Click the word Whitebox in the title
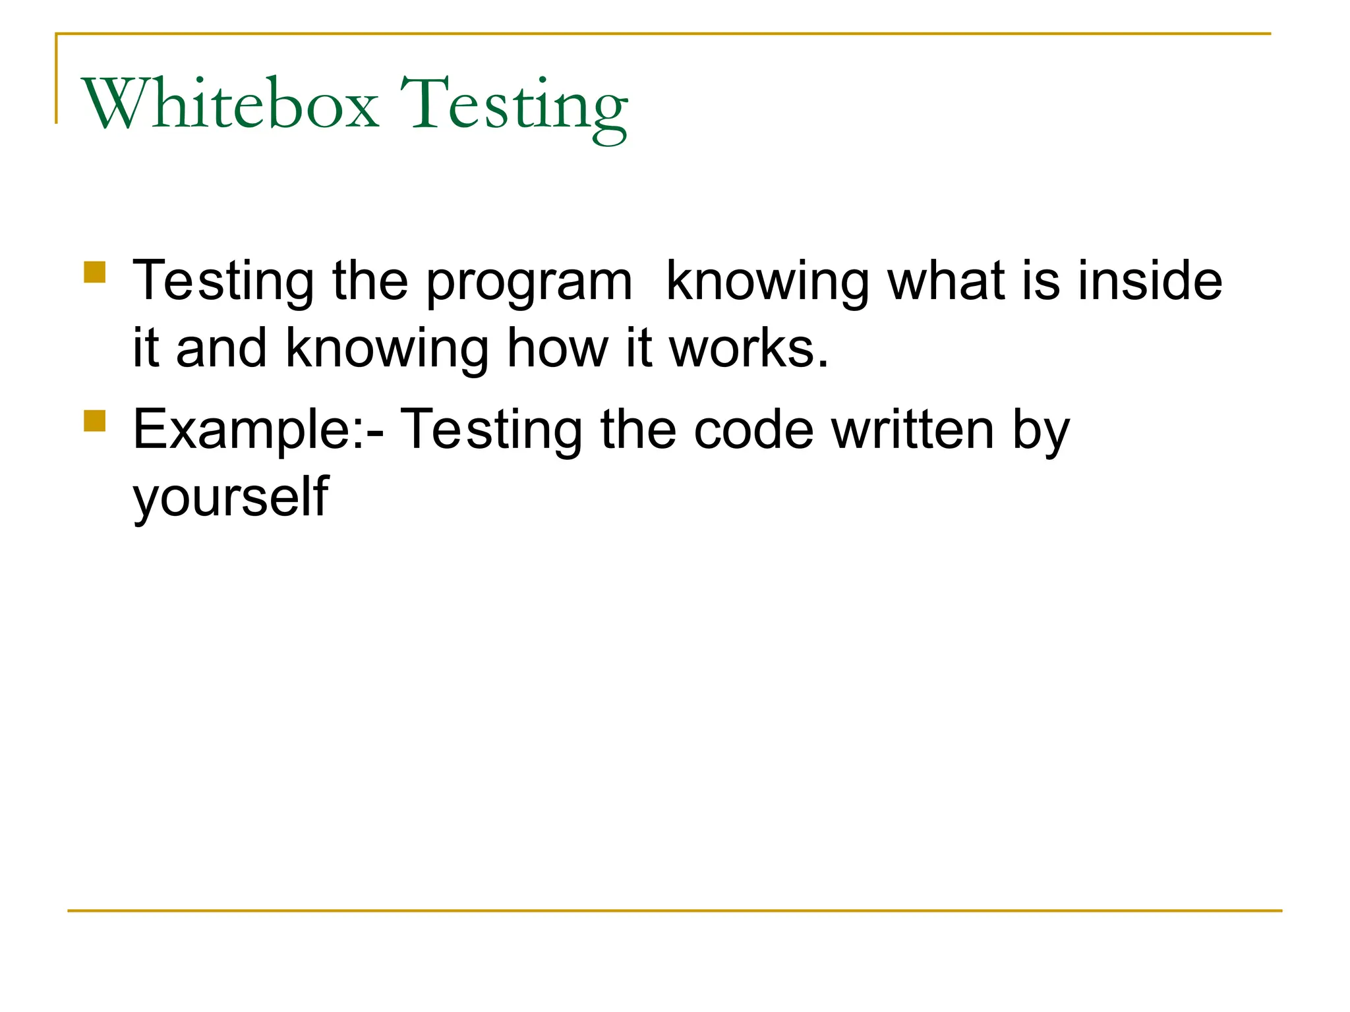230,104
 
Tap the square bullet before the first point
95,273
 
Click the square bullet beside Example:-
95,421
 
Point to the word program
529,283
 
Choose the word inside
1150,281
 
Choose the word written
913,430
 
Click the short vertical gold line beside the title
56,79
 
